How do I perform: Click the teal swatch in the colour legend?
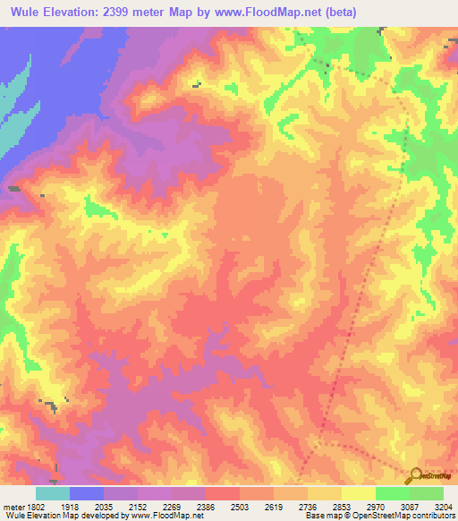pyautogui.click(x=53, y=493)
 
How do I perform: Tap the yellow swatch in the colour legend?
pyautogui.click(x=359, y=493)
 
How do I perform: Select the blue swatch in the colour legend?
pyautogui.click(x=87, y=493)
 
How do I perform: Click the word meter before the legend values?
pyautogui.click(x=13, y=506)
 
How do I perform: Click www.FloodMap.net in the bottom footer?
pyautogui.click(x=166, y=517)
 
